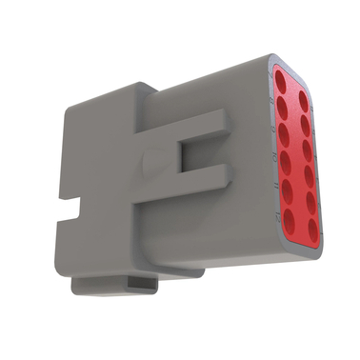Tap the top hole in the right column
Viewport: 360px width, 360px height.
tap(303, 97)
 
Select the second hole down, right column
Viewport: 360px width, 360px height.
tap(305, 121)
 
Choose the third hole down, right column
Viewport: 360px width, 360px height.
tap(306, 146)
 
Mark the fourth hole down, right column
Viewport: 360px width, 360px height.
tap(306, 170)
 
